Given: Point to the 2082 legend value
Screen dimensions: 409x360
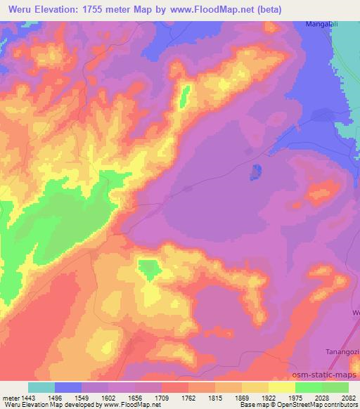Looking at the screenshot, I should (x=349, y=398).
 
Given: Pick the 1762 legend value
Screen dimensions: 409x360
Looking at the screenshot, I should (x=188, y=398).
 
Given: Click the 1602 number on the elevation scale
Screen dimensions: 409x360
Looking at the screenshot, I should (x=108, y=398).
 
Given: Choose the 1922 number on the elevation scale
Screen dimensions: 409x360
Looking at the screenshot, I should (x=269, y=398).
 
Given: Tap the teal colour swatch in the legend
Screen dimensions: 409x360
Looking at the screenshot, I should (x=41, y=387).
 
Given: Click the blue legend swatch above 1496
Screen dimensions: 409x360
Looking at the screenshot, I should (x=68, y=387).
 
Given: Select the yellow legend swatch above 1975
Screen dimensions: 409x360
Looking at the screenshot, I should (x=282, y=387).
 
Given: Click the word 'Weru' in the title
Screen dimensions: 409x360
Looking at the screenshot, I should (x=20, y=10).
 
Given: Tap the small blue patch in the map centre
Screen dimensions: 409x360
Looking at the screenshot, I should (x=256, y=171).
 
